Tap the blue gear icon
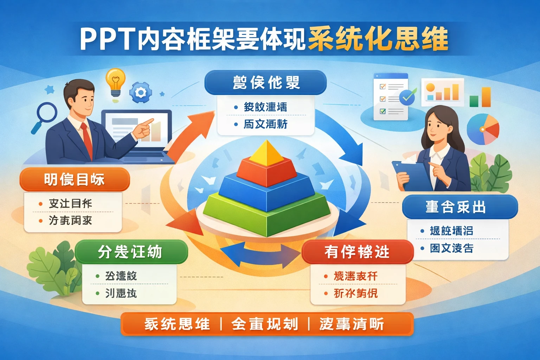tap(141, 92)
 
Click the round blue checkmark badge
tap(407, 96)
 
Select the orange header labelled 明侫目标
tap(75, 180)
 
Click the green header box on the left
tap(131, 252)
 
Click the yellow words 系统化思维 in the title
tap(378, 39)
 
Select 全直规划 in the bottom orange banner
tap(265, 324)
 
